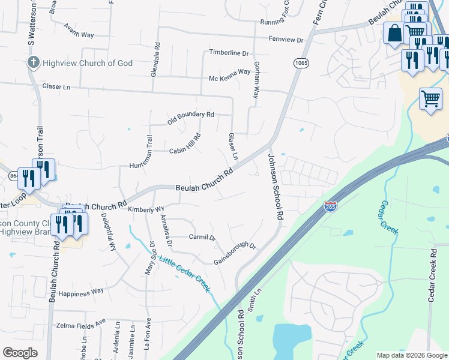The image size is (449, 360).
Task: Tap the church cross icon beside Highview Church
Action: coord(34,62)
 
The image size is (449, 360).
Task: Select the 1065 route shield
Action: coord(301,62)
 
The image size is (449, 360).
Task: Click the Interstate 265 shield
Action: coord(330,206)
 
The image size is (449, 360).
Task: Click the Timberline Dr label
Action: coord(229,53)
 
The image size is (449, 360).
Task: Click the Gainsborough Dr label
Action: coord(235,254)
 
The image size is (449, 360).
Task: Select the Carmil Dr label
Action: coord(202,238)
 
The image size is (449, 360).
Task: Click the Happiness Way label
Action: coord(82,291)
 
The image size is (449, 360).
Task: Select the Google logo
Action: coord(20,353)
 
